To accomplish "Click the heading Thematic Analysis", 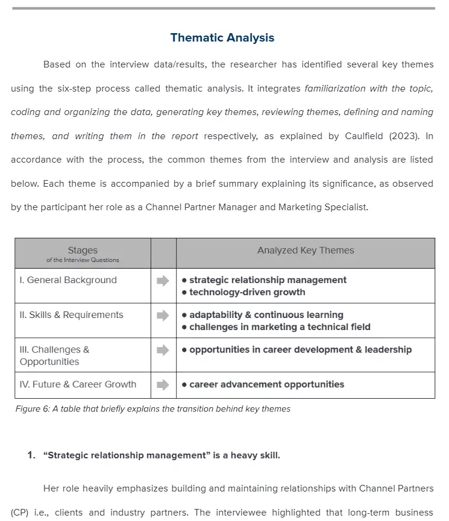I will (222, 38).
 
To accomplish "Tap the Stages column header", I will (83, 251).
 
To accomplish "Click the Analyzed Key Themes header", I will (306, 251).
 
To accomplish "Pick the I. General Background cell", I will (68, 280).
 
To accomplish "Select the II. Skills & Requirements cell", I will (71, 315).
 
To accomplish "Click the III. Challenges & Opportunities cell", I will (54, 355).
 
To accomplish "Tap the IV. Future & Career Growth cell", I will (78, 384).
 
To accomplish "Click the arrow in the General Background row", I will (163, 281).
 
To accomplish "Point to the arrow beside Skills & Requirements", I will (163, 315).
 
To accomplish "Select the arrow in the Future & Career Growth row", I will (163, 385).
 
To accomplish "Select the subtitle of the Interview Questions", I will (83, 260).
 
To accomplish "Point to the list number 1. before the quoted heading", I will (31, 455).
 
